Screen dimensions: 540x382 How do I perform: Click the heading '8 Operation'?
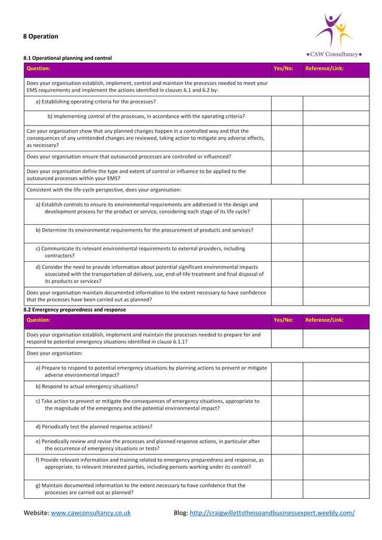(41, 36)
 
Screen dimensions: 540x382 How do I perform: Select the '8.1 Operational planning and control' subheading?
(68, 58)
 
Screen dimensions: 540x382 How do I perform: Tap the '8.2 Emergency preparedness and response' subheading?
(74, 310)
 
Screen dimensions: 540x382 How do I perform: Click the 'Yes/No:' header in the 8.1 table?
(283, 68)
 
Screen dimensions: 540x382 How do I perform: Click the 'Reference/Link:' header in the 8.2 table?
(325, 320)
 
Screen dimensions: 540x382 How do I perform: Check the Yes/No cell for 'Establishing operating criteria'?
(287, 102)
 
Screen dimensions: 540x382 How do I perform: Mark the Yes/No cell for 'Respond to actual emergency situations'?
(287, 387)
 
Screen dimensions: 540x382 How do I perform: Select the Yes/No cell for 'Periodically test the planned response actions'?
(287, 427)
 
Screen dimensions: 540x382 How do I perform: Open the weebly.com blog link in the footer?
(272, 513)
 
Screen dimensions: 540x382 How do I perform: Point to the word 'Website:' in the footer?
(36, 513)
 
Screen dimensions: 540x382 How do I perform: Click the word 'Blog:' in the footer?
(181, 513)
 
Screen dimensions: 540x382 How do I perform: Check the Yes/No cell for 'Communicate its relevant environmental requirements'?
(287, 252)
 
